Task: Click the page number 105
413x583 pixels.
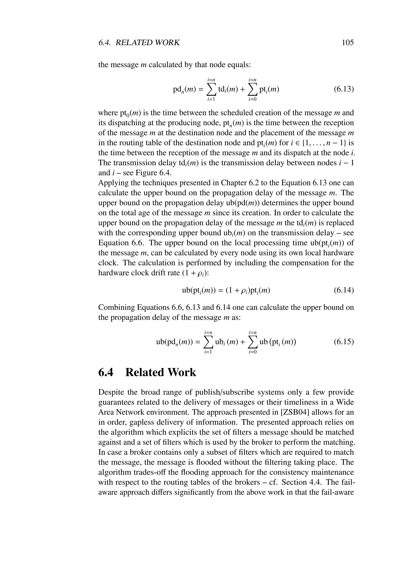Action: (348, 42)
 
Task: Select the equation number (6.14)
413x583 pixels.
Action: (344, 290)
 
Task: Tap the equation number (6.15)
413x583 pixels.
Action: (344, 342)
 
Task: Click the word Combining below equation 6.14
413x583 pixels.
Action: (116, 307)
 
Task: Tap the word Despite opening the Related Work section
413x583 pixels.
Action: (111, 392)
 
